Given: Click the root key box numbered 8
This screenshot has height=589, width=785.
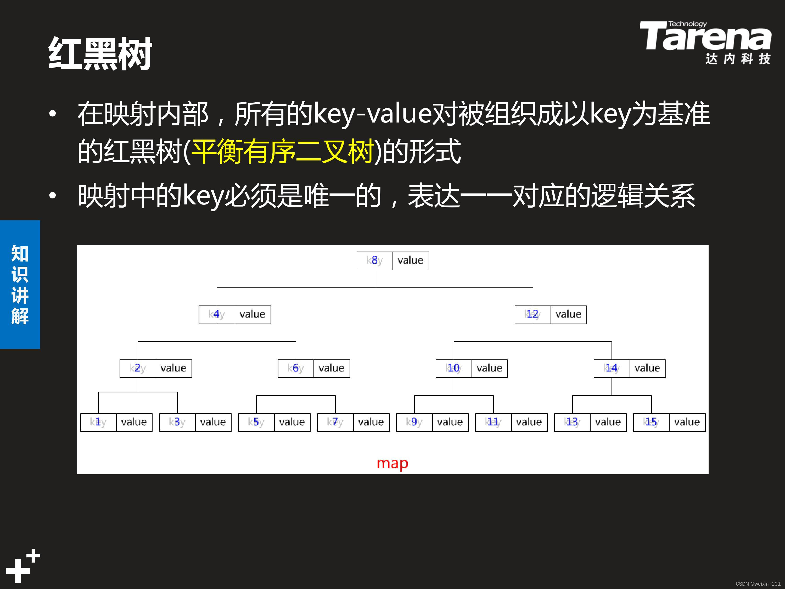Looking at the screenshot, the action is (x=375, y=260).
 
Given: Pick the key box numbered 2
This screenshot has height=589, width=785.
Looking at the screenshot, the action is (x=138, y=368).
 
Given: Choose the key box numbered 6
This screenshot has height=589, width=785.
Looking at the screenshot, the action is (x=296, y=368).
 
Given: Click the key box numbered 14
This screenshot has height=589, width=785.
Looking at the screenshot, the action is (x=612, y=368).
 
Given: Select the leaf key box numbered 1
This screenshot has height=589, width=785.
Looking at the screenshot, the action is (x=98, y=422).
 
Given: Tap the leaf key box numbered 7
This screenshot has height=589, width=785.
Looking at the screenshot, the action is (x=335, y=422).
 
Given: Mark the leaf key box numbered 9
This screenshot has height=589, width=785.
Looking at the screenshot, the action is (x=414, y=422).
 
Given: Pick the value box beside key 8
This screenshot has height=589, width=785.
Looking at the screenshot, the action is (x=411, y=260).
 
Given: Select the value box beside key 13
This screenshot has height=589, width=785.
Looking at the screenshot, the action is (x=608, y=422).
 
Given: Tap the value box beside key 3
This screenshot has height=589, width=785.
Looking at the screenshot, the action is (x=213, y=422).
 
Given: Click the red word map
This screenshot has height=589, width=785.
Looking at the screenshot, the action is (x=392, y=464).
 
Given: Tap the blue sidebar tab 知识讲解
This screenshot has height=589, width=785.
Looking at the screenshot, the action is (x=20, y=284).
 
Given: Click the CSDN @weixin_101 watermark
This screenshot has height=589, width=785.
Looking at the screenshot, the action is (x=758, y=584).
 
